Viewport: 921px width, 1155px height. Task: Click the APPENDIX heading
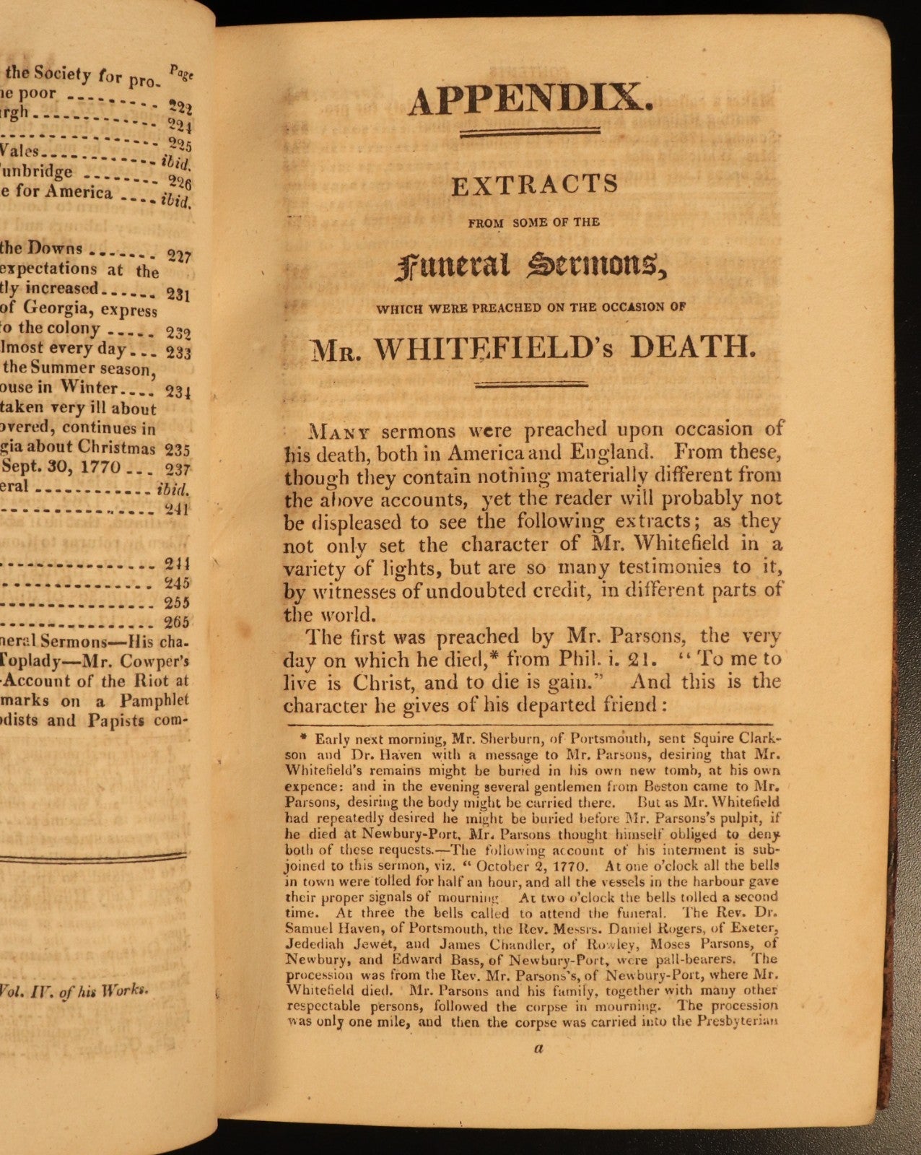[x=531, y=100]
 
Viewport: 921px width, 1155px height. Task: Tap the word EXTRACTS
[x=535, y=186]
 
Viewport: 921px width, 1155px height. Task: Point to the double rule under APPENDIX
[x=531, y=131]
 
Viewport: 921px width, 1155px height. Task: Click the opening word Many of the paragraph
[x=339, y=432]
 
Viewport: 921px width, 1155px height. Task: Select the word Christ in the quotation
[x=382, y=682]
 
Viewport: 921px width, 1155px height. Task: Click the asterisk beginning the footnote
[x=304, y=738]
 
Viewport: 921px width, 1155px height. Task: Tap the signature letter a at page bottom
[x=538, y=1050]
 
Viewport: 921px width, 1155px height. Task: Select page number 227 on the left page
[x=179, y=256]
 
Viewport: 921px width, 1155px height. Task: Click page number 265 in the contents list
[x=177, y=622]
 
